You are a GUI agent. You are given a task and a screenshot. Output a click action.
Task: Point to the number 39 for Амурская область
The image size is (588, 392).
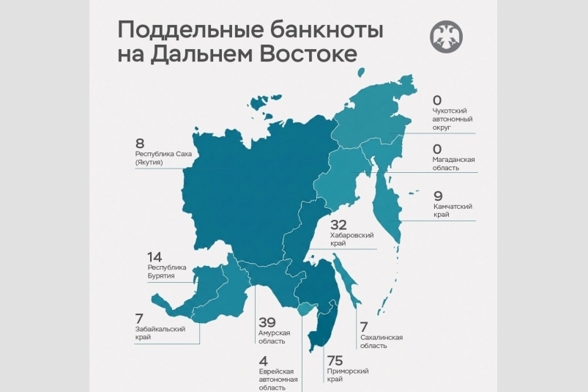(268, 322)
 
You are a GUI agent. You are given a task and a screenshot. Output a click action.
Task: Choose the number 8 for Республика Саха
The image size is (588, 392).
(140, 143)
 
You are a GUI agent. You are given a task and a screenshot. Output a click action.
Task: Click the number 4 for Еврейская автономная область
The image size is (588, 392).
(264, 360)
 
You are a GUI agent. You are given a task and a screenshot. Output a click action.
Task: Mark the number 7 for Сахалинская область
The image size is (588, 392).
(362, 326)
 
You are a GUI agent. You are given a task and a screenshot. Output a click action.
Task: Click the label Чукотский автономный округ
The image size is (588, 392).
(453, 119)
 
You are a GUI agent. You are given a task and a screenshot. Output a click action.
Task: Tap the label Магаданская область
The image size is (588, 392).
(455, 163)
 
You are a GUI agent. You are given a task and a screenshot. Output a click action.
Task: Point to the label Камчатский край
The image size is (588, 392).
(453, 211)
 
